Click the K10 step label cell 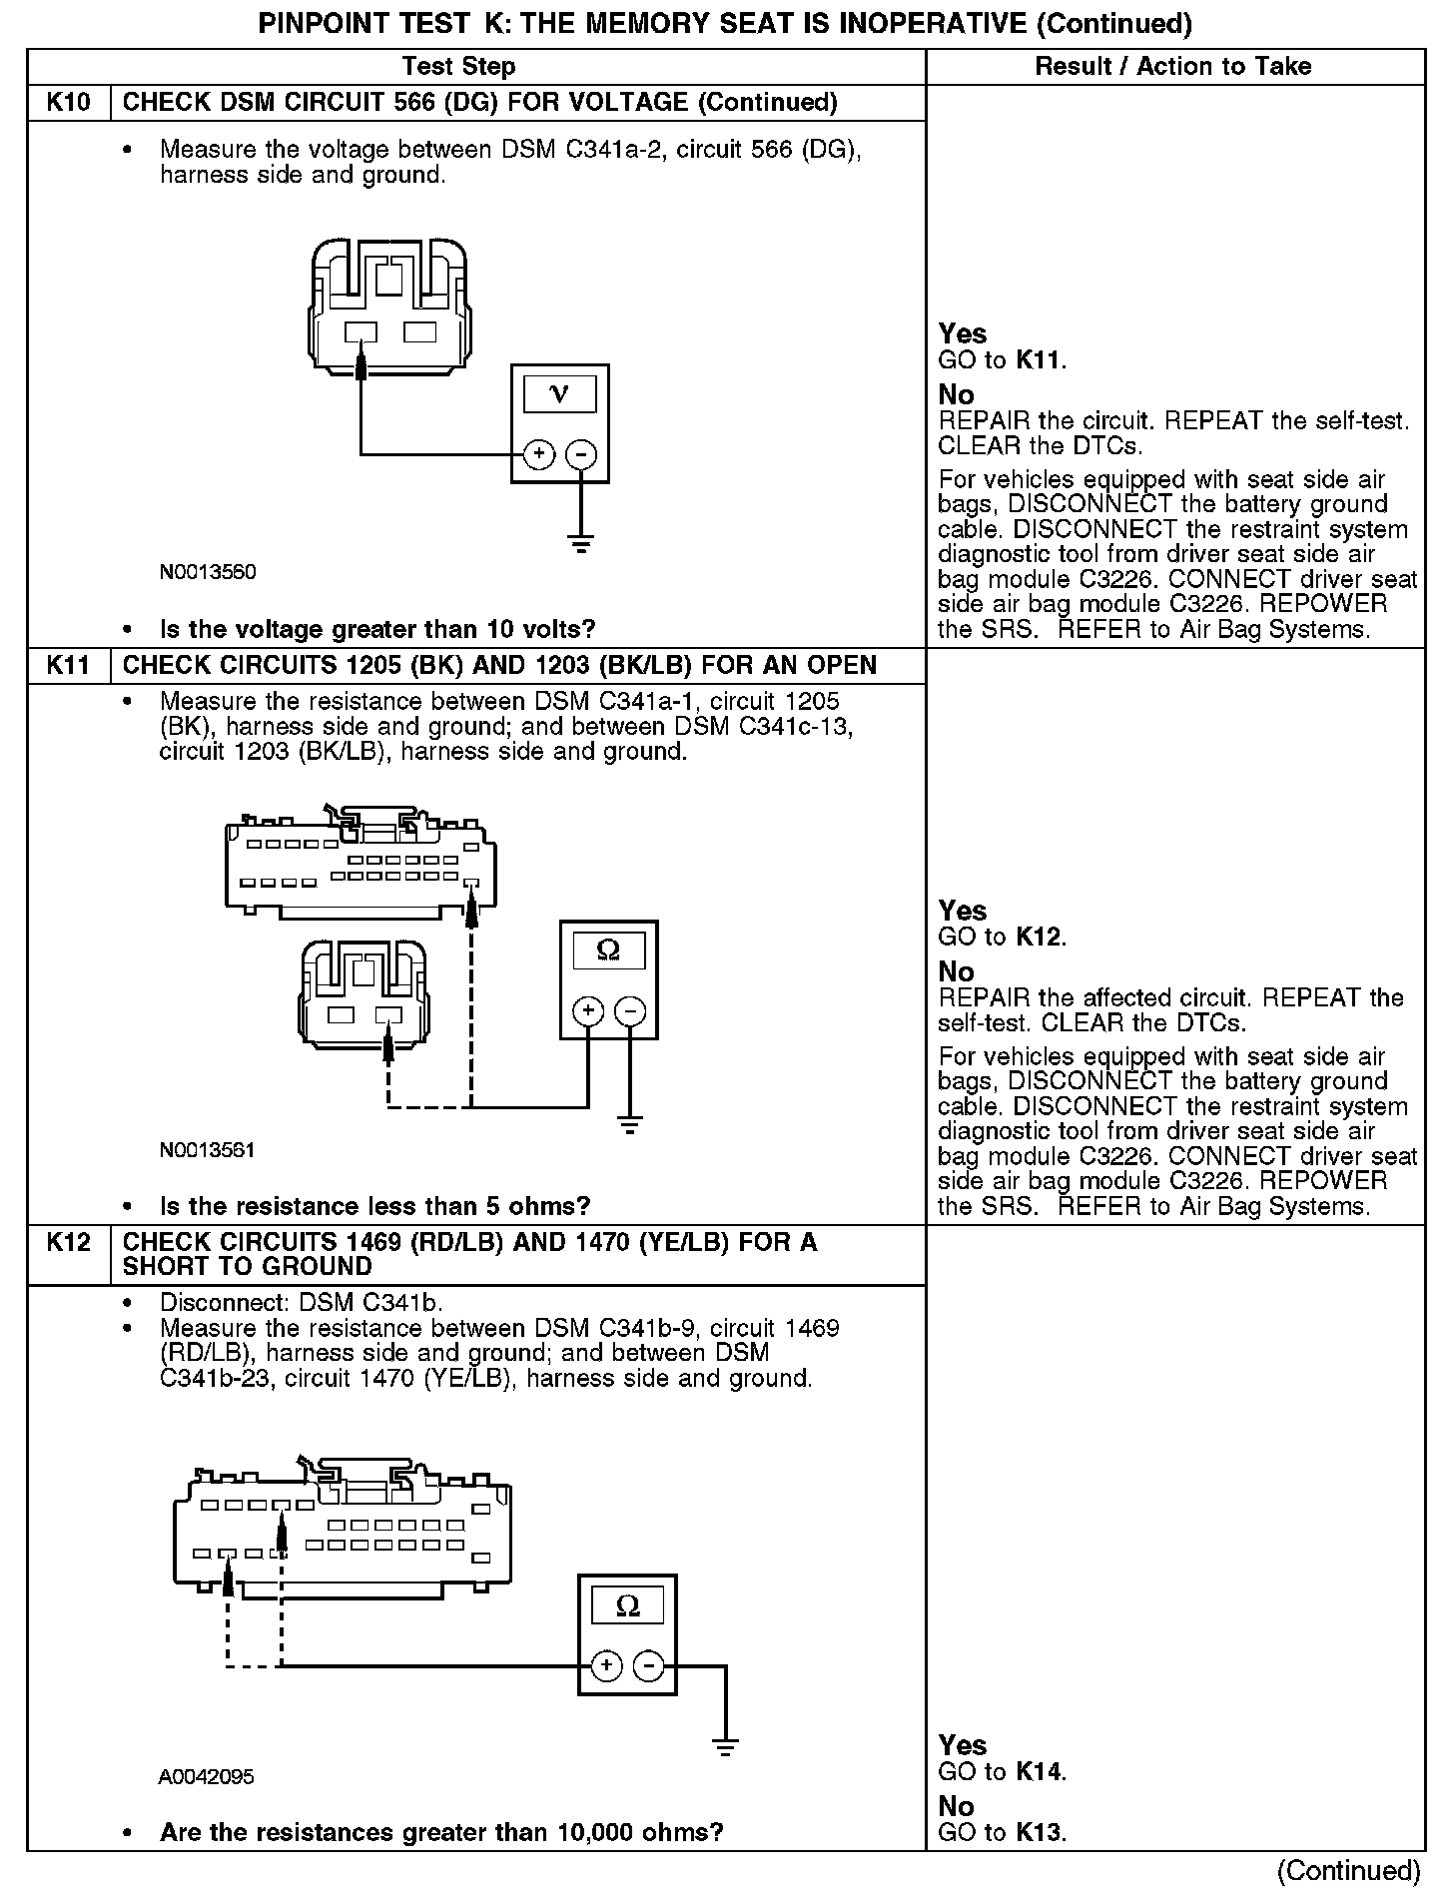tap(68, 103)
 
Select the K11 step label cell tap(68, 666)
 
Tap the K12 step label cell tap(68, 1243)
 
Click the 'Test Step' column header tap(458, 67)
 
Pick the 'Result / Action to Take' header tap(1173, 67)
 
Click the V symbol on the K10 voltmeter tap(559, 394)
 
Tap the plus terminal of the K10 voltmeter tap(539, 455)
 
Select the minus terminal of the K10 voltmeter tap(581, 455)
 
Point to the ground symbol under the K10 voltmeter tap(581, 544)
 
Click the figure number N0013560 tap(208, 572)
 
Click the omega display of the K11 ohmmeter tap(608, 950)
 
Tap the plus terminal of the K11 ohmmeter tap(588, 1011)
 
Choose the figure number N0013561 tap(208, 1150)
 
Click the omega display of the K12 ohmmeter tap(627, 1606)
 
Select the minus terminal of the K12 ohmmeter tap(649, 1666)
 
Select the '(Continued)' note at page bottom tap(1347, 1870)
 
